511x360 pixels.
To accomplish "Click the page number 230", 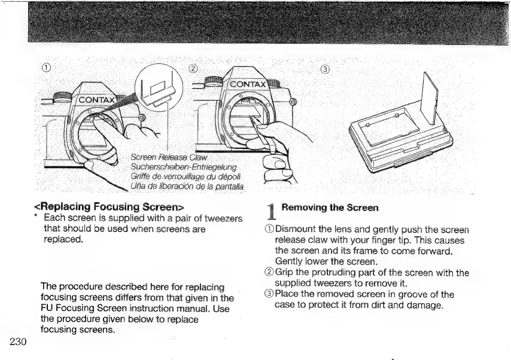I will tap(18, 341).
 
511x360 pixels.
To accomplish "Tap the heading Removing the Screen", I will tap(330, 208).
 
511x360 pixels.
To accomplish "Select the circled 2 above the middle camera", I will tap(193, 67).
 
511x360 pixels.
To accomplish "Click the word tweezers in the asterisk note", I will tap(218, 218).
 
